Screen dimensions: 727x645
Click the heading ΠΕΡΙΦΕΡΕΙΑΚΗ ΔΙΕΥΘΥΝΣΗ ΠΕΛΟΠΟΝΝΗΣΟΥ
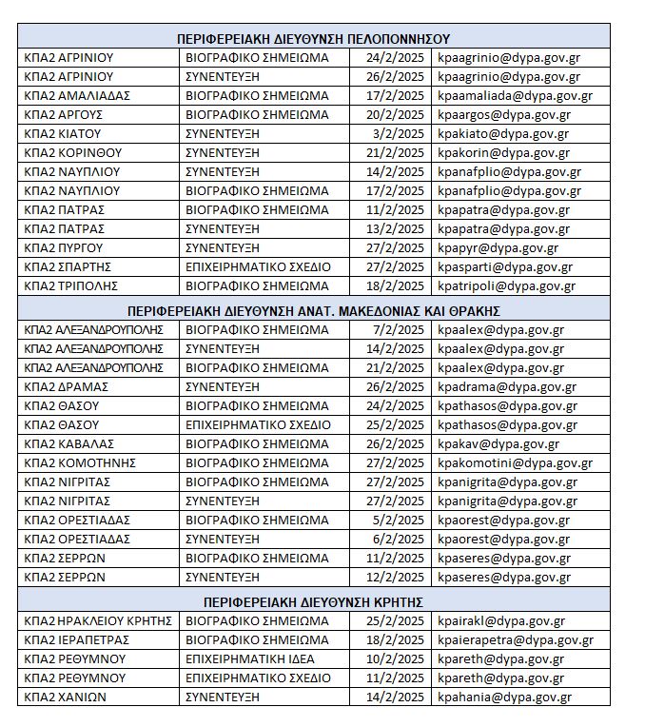tap(313, 39)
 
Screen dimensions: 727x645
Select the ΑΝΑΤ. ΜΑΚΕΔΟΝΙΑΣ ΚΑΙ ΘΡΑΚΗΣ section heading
tap(313, 310)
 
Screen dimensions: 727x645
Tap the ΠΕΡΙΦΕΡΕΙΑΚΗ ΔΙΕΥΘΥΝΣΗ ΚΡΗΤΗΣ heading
tap(313, 601)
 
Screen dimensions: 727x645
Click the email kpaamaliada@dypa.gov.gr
tap(515, 95)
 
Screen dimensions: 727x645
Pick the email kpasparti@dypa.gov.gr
tap(504, 266)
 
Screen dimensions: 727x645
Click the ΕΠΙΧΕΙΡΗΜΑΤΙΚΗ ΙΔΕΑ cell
tap(249, 658)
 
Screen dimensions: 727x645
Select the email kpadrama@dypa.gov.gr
tap(506, 386)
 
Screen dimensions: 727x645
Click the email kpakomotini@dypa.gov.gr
tap(515, 462)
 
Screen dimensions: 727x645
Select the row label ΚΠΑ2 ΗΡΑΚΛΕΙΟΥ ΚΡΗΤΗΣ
tap(97, 620)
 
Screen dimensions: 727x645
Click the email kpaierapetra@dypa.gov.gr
tap(516, 639)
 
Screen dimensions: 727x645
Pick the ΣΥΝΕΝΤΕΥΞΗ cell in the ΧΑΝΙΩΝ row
tap(222, 697)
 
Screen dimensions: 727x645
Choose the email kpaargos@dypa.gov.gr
tap(502, 114)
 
